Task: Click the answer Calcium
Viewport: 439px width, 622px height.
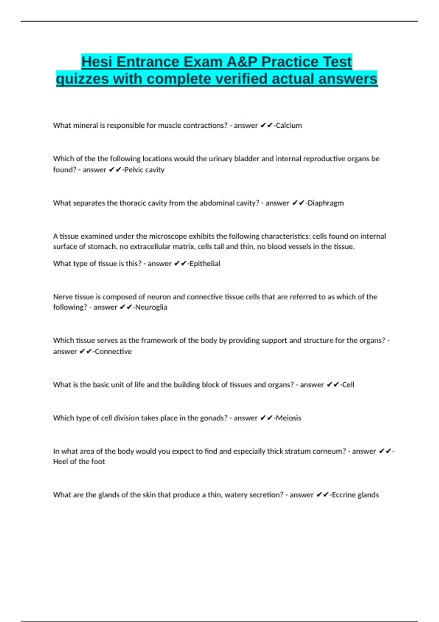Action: click(289, 125)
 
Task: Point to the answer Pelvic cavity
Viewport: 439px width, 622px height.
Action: click(144, 170)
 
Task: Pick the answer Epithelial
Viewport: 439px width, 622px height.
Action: click(205, 263)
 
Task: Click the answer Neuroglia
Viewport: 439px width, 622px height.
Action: click(151, 307)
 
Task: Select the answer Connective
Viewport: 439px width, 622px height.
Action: click(113, 352)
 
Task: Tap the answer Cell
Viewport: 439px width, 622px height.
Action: click(348, 385)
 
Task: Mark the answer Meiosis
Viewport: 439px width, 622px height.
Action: click(288, 418)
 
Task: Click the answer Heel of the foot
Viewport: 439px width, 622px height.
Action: click(79, 462)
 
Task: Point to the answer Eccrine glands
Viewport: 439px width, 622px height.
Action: click(355, 495)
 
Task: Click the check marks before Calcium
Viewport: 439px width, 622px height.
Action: click(267, 125)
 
